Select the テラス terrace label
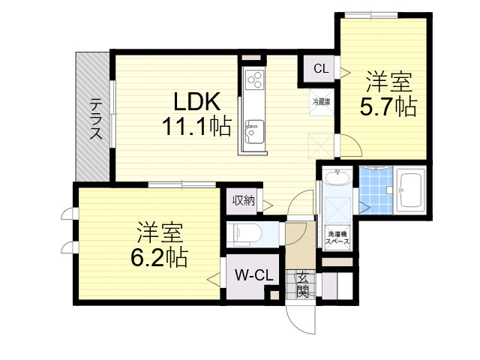click(x=96, y=120)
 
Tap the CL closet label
click(x=320, y=69)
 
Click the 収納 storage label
click(x=243, y=200)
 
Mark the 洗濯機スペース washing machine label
click(x=336, y=239)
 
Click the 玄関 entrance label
click(x=302, y=283)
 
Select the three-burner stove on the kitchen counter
click(x=253, y=79)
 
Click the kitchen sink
click(x=253, y=133)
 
